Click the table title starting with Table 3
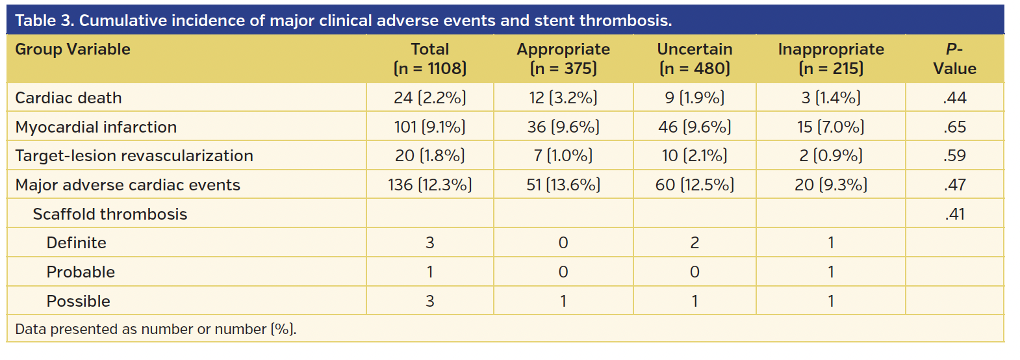click(x=343, y=21)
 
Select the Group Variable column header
click(x=73, y=49)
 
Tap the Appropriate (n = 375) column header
click(x=563, y=58)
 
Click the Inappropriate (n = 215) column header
click(x=831, y=58)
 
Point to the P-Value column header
click(x=954, y=58)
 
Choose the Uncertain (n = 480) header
click(x=695, y=58)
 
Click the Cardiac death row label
click(x=68, y=97)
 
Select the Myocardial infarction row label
click(x=96, y=127)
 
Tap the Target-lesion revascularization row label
click(x=134, y=156)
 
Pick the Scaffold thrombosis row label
click(x=110, y=214)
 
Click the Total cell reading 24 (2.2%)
click(x=430, y=97)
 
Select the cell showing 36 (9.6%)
click(x=563, y=127)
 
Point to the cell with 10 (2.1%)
click(x=695, y=156)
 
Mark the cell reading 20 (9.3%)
click(x=831, y=185)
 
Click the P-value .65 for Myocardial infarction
click(x=954, y=127)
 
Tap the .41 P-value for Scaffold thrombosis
click(x=954, y=214)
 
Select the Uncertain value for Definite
click(x=695, y=243)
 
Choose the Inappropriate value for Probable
click(x=831, y=272)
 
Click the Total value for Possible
click(x=430, y=302)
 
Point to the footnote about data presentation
click(x=155, y=329)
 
